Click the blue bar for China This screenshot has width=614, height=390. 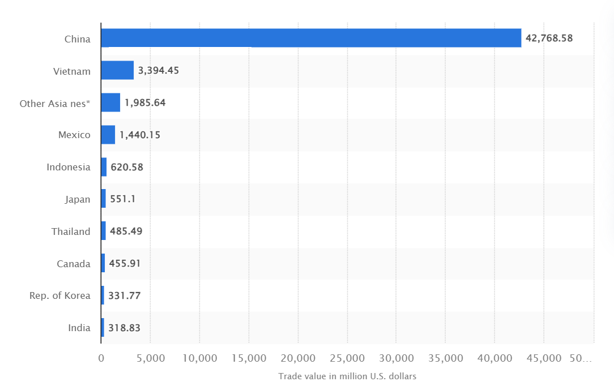pyautogui.click(x=311, y=38)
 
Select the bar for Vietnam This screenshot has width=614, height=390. pyautogui.click(x=117, y=70)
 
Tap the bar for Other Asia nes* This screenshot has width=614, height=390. pyautogui.click(x=110, y=102)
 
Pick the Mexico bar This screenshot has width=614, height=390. pyautogui.click(x=108, y=135)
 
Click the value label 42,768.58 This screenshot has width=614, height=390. pyautogui.click(x=549, y=38)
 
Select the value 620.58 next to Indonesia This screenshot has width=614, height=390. pyautogui.click(x=127, y=167)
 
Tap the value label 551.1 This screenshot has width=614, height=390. pyautogui.click(x=122, y=199)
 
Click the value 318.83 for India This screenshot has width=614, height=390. pyautogui.click(x=124, y=328)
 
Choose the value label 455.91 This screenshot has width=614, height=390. pyautogui.click(x=125, y=263)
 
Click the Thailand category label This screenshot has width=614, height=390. pyautogui.click(x=71, y=232)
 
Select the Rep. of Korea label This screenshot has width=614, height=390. pyautogui.click(x=59, y=295)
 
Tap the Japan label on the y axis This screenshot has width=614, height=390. pyautogui.click(x=78, y=199)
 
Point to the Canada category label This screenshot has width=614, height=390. pyautogui.click(x=74, y=264)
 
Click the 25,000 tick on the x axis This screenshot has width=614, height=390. pyautogui.click(x=347, y=358)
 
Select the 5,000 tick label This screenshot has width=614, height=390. pyautogui.click(x=150, y=358)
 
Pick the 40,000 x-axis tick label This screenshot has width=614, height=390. pyautogui.click(x=494, y=358)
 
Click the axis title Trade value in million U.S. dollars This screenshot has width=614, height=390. pyautogui.click(x=347, y=376)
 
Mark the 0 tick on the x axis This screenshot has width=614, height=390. pyautogui.click(x=101, y=358)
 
